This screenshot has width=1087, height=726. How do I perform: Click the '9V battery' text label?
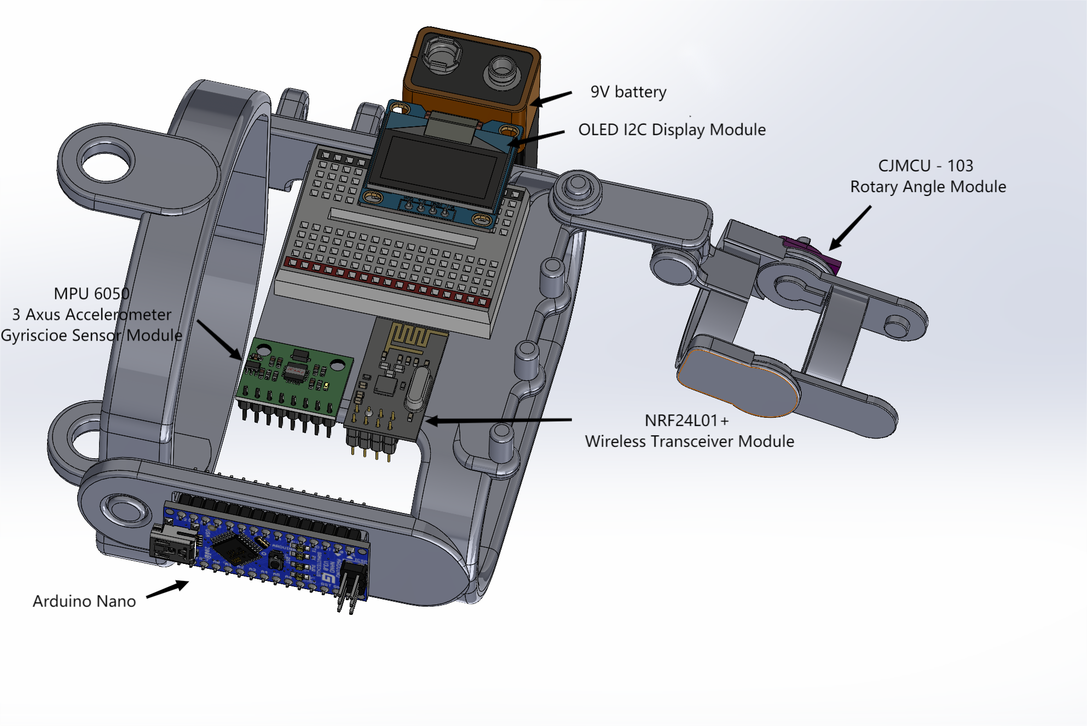click(x=628, y=92)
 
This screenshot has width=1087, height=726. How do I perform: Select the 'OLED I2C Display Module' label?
click(x=672, y=130)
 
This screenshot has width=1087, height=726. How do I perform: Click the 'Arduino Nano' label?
click(x=84, y=601)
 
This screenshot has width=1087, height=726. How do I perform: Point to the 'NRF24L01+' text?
click(x=686, y=420)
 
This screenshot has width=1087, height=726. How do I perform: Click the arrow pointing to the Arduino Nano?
click(x=167, y=590)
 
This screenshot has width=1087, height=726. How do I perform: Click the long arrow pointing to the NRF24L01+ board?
click(x=498, y=420)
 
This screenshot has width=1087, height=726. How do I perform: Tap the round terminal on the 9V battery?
click(x=502, y=72)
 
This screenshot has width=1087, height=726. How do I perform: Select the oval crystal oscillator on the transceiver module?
click(x=418, y=389)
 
